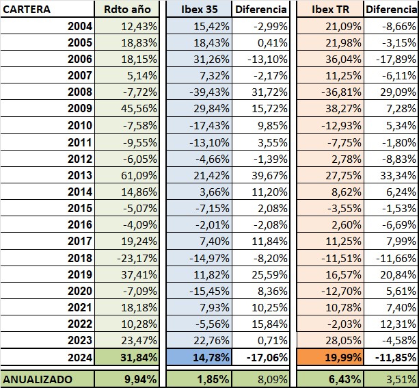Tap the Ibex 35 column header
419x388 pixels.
(200, 10)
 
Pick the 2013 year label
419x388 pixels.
(80, 175)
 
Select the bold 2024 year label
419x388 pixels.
(80, 357)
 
